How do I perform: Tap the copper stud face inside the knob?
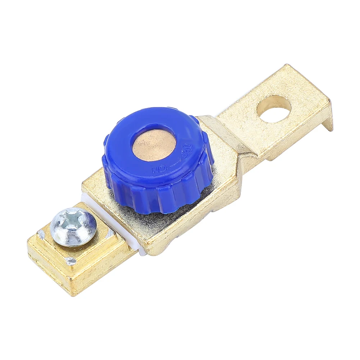(x=154, y=145)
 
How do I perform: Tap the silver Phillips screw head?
(x=73, y=227)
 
